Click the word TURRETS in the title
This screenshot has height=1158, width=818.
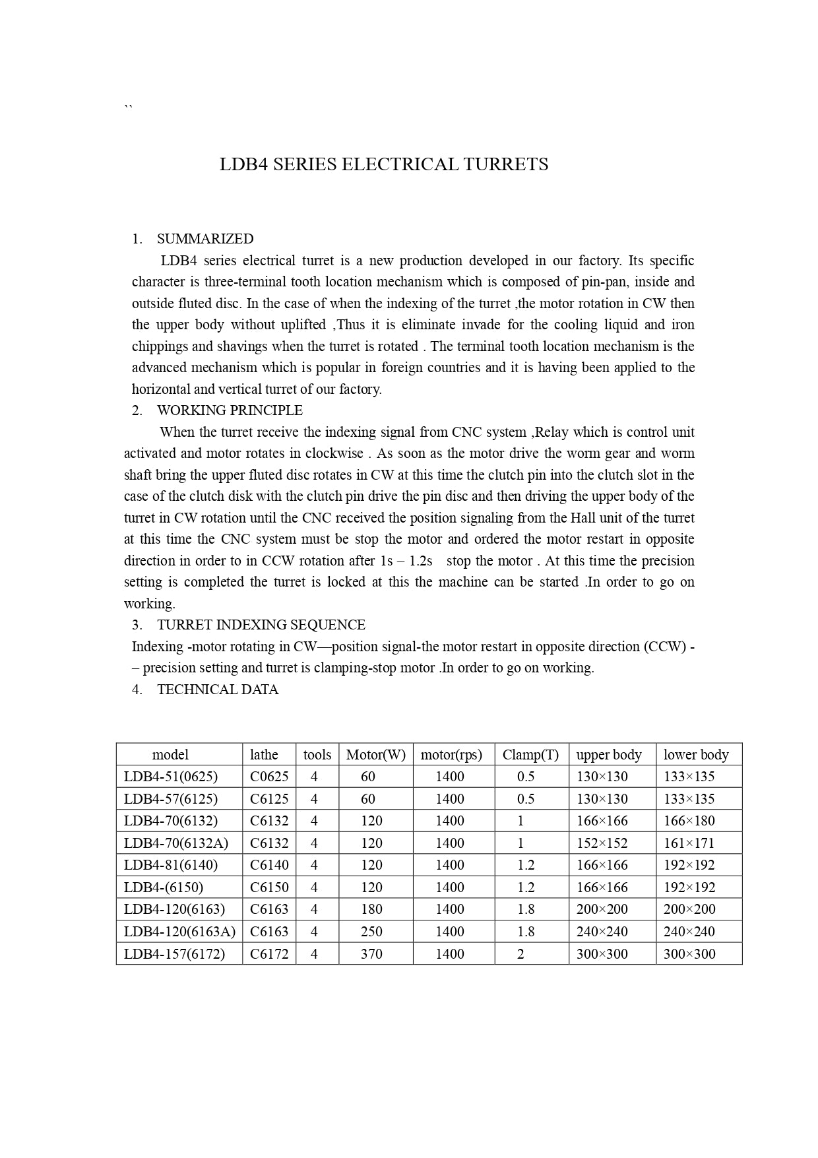[x=505, y=164]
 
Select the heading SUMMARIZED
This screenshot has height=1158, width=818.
[x=205, y=239]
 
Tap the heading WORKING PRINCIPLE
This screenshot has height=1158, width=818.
[x=230, y=410]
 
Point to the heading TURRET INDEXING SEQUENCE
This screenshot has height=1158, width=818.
[x=261, y=625]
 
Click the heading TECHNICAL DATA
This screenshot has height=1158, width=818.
[x=218, y=690]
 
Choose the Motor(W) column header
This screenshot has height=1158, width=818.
[x=375, y=755]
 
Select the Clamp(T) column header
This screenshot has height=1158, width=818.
[x=530, y=755]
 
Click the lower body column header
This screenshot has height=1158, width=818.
[x=696, y=755]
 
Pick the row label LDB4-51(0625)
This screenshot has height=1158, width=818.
[x=171, y=777]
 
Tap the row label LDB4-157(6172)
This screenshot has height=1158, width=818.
[x=174, y=954]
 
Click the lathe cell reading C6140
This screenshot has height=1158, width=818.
[x=269, y=865]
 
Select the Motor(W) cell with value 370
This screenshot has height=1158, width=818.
[x=371, y=954]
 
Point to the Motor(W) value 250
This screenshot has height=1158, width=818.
[x=371, y=932]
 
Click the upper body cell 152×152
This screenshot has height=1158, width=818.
[x=602, y=843]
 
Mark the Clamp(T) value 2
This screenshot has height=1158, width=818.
[x=520, y=954]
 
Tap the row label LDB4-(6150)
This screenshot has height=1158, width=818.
[x=164, y=887]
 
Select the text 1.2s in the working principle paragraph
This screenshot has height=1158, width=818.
[x=420, y=561]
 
